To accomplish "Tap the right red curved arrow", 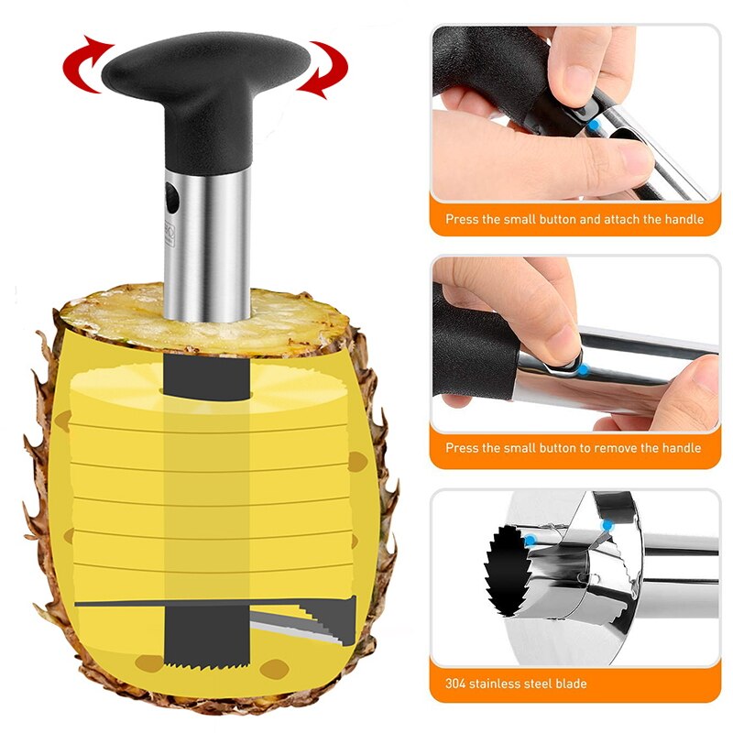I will [323, 68].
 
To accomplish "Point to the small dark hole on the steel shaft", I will [171, 195].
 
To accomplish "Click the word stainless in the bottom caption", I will [495, 684].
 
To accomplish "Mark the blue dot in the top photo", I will [593, 124].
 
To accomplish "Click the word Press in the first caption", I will [461, 220].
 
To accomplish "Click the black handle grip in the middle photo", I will [472, 353].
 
